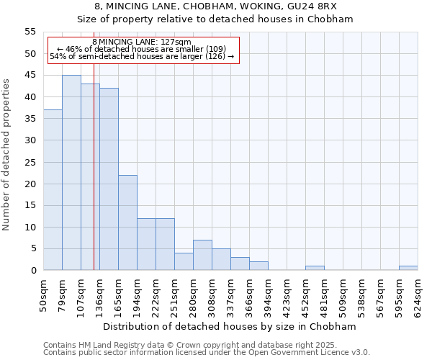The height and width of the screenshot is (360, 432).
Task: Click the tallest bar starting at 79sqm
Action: pos(71,173)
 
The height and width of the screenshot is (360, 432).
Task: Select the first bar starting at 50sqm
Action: pos(53,190)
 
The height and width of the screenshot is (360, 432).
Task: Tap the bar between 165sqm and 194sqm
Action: pos(127,222)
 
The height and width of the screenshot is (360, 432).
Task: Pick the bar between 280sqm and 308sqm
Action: pos(202,255)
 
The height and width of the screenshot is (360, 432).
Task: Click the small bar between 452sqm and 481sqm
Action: pos(315,268)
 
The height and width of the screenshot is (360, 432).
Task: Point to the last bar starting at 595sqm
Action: pos(408,268)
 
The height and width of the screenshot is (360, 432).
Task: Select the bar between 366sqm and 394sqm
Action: pos(258,266)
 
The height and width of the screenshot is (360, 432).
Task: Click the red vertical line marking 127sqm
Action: pos(94,180)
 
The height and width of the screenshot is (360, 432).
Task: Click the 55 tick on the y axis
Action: pos(30,32)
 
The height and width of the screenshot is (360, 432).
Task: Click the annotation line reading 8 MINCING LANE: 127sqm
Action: pos(142,42)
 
